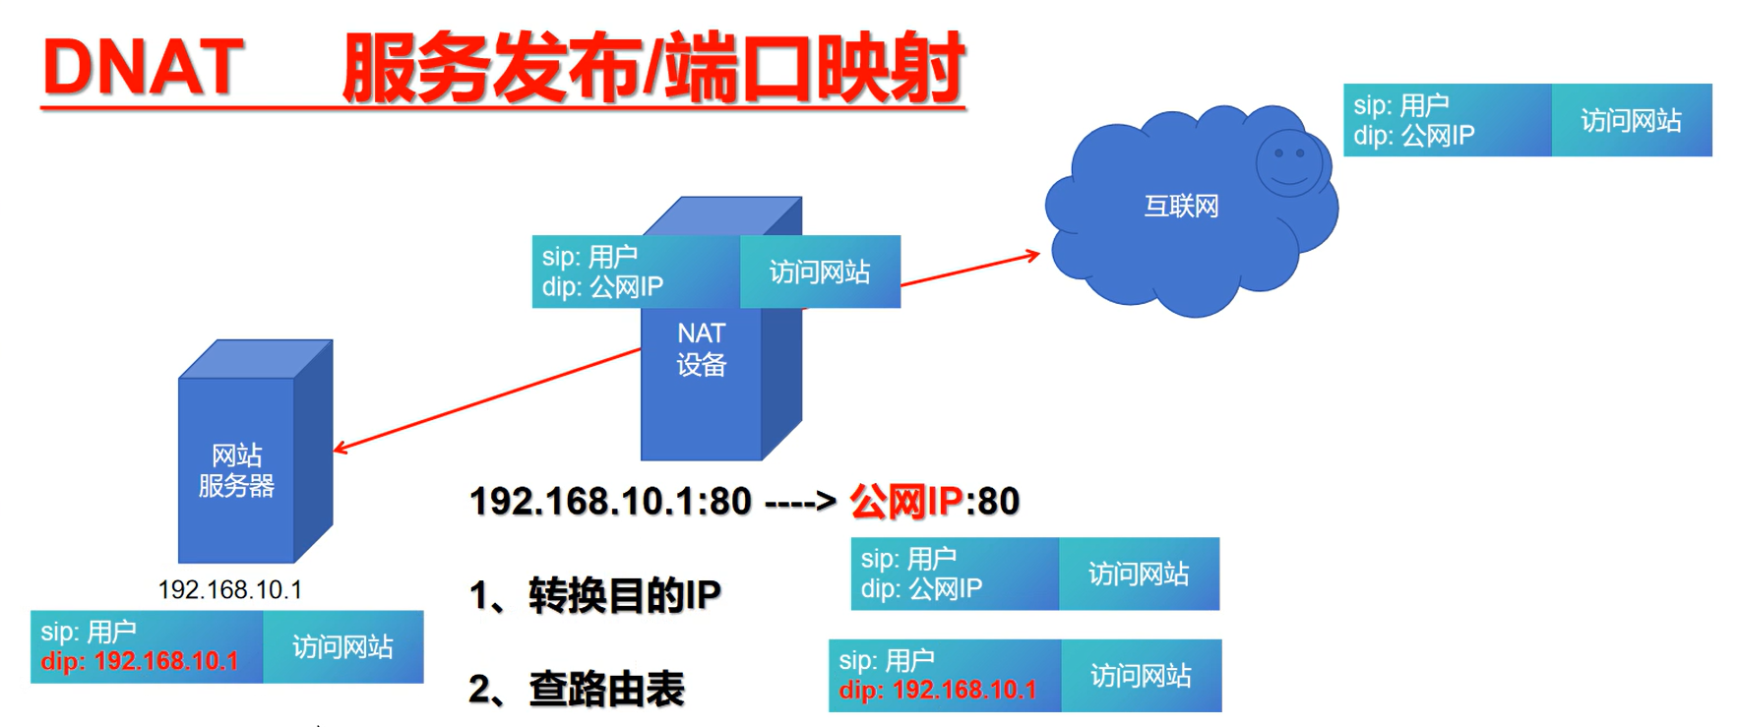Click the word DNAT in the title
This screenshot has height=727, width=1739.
143,67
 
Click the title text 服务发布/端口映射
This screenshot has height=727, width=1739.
652,67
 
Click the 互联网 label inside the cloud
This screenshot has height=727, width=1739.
1181,207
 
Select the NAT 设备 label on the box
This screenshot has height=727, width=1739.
701,349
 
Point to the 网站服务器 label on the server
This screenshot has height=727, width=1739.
236,470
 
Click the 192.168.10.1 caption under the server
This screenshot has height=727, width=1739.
230,589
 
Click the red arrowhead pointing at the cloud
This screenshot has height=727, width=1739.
1031,256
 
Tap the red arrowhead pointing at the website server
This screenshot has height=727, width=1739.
341,449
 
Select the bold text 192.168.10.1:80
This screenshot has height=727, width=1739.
610,502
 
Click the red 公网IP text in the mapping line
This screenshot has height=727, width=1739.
905,502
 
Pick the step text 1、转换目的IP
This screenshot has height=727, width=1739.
595,595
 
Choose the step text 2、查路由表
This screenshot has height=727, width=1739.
577,689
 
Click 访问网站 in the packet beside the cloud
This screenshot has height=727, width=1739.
1631,121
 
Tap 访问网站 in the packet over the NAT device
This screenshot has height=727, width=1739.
819,273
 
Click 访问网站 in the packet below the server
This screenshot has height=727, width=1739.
342,646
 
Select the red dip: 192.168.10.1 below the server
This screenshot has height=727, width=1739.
140,661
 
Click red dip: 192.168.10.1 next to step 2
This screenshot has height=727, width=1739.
938,691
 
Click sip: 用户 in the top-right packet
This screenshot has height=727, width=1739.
1400,105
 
